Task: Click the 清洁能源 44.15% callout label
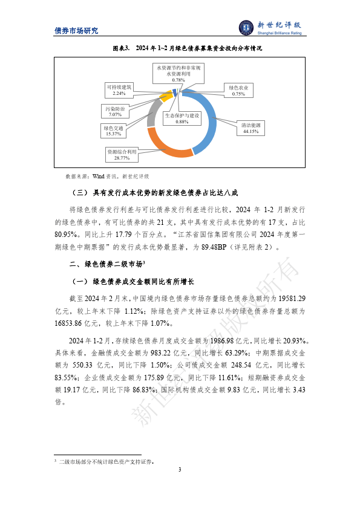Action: pos(251,127)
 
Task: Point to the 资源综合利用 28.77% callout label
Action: pos(123,154)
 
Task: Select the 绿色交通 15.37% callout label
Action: pos(114,131)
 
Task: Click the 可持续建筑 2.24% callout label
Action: pos(118,90)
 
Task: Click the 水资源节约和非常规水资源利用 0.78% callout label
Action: pos(178,73)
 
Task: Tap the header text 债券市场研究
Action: pos(76,31)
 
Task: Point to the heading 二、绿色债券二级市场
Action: pos(107,264)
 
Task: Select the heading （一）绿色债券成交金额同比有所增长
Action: pos(133,282)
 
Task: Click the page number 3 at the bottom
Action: pos(180,470)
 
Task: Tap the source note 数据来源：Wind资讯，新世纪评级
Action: pos(107,177)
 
